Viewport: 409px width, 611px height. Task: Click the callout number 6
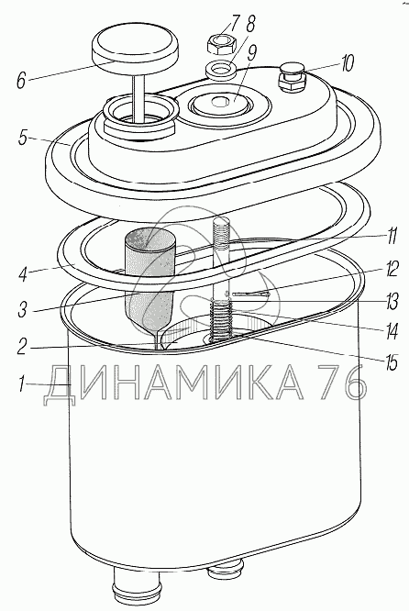pos(21,81)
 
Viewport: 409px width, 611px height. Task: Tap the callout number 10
pos(346,62)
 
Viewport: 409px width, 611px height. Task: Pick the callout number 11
pos(391,236)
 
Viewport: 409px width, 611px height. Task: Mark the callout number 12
pos(391,269)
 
